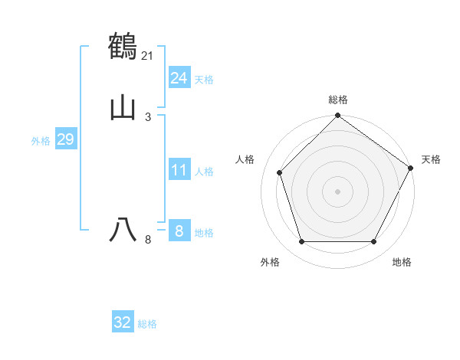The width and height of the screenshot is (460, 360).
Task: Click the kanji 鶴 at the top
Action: (123, 46)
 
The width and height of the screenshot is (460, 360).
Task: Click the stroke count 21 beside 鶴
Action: (148, 55)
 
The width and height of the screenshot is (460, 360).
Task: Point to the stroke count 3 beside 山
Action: (148, 117)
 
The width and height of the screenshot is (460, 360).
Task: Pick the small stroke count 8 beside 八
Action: (148, 240)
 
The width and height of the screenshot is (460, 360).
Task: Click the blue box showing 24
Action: (179, 78)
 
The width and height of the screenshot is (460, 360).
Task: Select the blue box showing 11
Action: (179, 170)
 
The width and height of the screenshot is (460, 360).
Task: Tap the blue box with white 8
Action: (179, 231)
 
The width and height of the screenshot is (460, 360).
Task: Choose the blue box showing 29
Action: (65, 139)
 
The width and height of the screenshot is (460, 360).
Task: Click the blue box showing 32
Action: (123, 322)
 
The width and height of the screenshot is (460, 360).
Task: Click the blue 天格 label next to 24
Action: (204, 80)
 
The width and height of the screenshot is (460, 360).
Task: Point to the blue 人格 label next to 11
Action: (204, 172)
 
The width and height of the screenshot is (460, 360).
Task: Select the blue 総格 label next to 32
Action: (147, 324)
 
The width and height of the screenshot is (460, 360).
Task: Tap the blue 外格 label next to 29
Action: (41, 141)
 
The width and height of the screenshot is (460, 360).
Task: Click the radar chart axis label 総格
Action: (337, 100)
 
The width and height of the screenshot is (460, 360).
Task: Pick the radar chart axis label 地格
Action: (402, 262)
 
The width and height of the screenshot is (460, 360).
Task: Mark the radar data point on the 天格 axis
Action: (411, 168)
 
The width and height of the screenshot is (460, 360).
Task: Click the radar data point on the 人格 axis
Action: (280, 172)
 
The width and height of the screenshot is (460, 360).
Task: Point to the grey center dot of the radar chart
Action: (337, 191)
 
